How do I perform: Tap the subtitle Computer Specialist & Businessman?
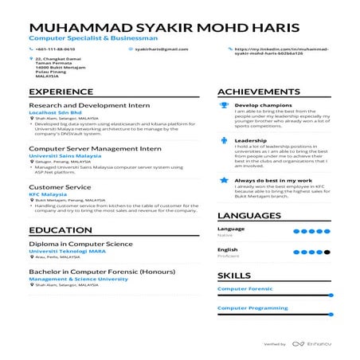(x=83, y=37)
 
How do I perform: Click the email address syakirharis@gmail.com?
(x=156, y=49)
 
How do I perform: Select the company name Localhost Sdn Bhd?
(x=55, y=113)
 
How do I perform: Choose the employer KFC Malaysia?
(x=49, y=194)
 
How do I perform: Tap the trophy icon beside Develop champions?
(x=225, y=105)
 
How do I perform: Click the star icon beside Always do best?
(x=225, y=181)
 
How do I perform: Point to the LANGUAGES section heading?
(x=248, y=216)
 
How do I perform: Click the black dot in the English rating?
(x=327, y=252)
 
